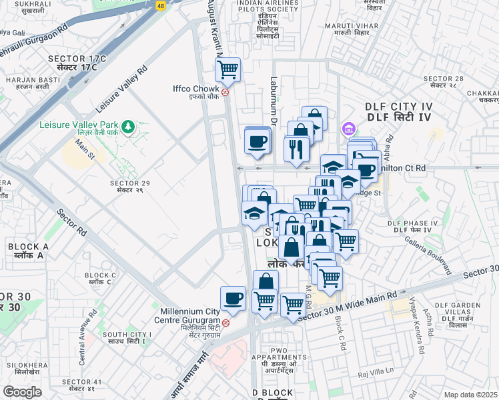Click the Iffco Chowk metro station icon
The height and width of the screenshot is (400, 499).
point(225,93)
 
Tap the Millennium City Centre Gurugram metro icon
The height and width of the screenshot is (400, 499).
point(225,323)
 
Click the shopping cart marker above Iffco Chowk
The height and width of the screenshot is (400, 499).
point(228,69)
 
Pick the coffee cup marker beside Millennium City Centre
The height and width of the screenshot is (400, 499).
point(233,299)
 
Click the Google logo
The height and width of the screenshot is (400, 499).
point(22,392)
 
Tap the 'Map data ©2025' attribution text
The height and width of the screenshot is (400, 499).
point(470,395)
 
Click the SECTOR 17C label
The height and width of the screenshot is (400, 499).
point(77,63)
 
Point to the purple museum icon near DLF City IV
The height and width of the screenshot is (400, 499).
point(347,128)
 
